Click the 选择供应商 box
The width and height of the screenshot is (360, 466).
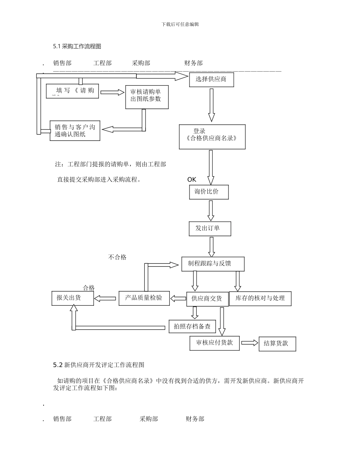pyautogui.click(x=211, y=80)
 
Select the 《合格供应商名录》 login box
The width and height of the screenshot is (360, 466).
pyautogui.click(x=212, y=137)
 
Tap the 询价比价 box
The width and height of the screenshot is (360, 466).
pyautogui.click(x=209, y=192)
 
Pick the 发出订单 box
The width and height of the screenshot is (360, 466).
pyautogui.click(x=210, y=228)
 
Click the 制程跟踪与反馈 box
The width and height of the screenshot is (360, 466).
pyautogui.click(x=213, y=264)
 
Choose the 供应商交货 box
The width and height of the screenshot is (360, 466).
pyautogui.click(x=207, y=299)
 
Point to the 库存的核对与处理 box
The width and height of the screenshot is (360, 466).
pyautogui.click(x=260, y=299)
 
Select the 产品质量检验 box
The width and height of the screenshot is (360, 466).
pyautogui.click(x=144, y=298)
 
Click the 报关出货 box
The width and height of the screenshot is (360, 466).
pyautogui.click(x=72, y=298)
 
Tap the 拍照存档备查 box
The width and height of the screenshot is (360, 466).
pyautogui.click(x=192, y=327)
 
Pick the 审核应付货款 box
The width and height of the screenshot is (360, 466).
pyautogui.click(x=214, y=343)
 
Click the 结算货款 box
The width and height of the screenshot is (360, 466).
pyautogui.click(x=277, y=344)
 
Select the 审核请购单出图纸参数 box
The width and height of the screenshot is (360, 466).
pyautogui.click(x=147, y=97)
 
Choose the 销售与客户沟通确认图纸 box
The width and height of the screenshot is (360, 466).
pyautogui.click(x=75, y=130)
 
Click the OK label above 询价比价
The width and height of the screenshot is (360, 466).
pyautogui.click(x=192, y=180)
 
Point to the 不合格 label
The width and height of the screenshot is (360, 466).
pyautogui.click(x=117, y=257)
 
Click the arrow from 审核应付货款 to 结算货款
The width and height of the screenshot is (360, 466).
pyautogui.click(x=249, y=343)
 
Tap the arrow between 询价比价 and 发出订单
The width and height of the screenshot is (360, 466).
pyautogui.click(x=211, y=211)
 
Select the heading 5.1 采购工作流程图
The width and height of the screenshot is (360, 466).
pyautogui.click(x=77, y=47)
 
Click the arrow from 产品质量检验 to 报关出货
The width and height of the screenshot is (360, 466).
pyautogui.click(x=105, y=299)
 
